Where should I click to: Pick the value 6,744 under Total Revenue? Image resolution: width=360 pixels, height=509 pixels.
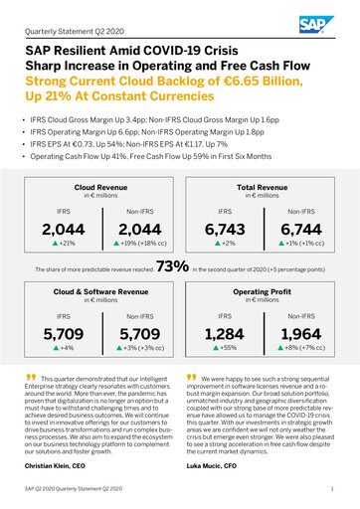297,231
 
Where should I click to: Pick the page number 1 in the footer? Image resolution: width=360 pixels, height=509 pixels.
330,490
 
